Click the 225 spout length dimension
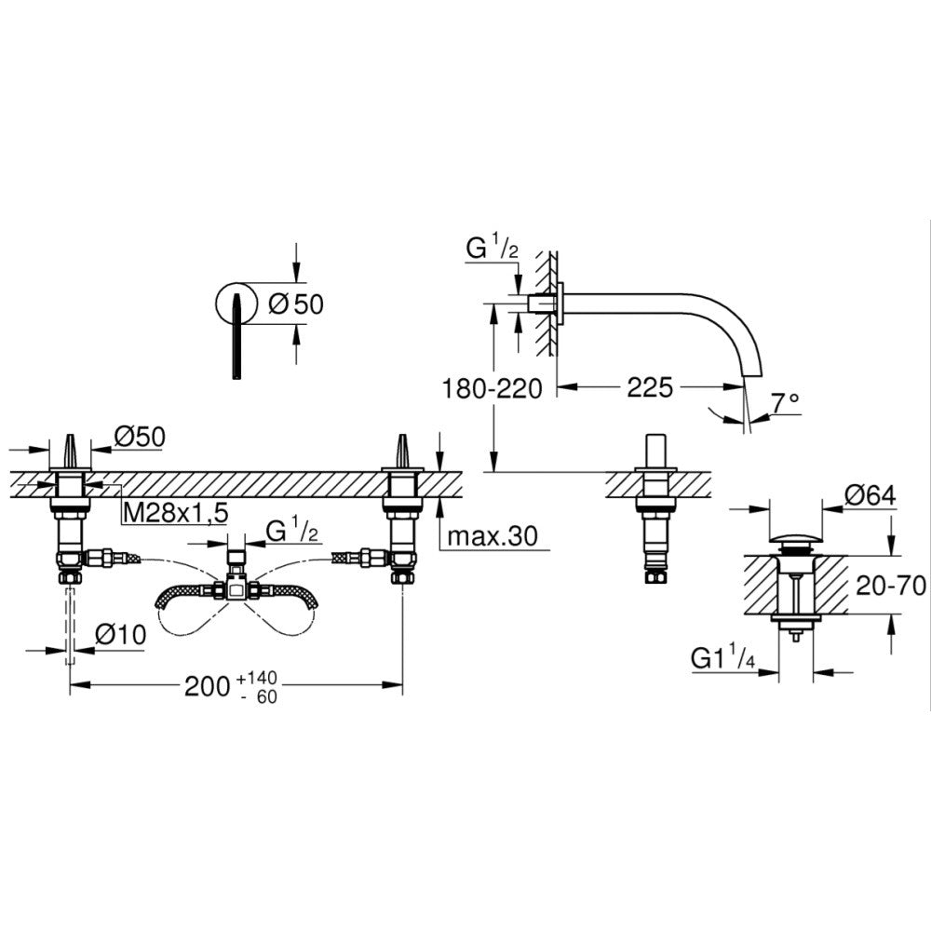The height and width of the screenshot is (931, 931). click(x=650, y=387)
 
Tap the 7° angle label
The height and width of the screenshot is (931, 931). click(x=785, y=404)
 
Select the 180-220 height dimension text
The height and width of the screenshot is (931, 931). click(x=492, y=389)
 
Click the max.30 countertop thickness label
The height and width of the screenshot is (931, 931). click(x=492, y=536)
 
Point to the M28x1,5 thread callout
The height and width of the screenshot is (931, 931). click(x=176, y=512)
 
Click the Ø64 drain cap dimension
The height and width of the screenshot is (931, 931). click(x=871, y=496)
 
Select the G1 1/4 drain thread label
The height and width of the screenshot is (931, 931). click(x=722, y=658)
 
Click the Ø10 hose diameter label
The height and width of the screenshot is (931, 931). click(x=120, y=635)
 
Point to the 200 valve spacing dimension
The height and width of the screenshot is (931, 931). click(x=208, y=686)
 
